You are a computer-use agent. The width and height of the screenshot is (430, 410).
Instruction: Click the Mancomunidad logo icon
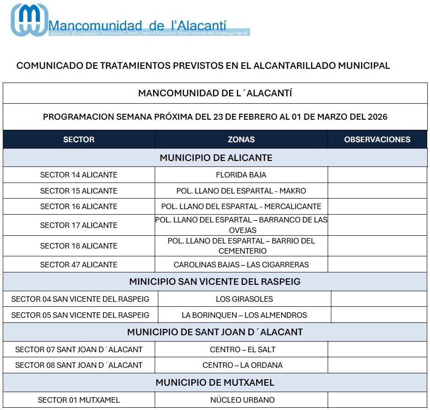(x=29, y=20)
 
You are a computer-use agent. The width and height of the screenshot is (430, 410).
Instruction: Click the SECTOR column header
(x=78, y=139)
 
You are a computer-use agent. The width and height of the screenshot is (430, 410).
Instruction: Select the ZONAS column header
(x=241, y=139)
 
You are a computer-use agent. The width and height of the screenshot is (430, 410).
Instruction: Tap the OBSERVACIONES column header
(x=377, y=139)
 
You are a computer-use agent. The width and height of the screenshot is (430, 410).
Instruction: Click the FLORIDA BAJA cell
(x=241, y=175)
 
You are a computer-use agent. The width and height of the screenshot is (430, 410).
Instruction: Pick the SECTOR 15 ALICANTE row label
(x=78, y=191)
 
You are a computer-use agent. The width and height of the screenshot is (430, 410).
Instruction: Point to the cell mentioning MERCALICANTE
(x=241, y=206)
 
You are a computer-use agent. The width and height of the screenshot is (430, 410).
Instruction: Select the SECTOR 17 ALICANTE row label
(x=78, y=225)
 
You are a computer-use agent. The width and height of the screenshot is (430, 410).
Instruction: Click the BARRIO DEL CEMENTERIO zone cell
(x=241, y=246)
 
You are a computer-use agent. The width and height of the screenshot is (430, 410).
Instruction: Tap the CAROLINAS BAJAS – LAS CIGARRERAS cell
(x=241, y=265)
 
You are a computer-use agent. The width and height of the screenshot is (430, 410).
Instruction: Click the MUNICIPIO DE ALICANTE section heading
(x=216, y=158)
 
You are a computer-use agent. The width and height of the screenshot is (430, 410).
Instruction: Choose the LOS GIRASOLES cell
(x=244, y=299)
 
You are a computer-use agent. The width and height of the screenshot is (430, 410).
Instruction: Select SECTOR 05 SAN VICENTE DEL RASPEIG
(x=80, y=315)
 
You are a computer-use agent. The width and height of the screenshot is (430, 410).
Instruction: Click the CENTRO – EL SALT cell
(x=243, y=349)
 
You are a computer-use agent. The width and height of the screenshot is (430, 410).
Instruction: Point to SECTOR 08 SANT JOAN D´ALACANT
(x=79, y=365)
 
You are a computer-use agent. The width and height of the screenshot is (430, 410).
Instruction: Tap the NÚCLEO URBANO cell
(x=242, y=400)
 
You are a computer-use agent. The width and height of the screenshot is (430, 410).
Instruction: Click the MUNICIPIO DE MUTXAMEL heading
(x=215, y=382)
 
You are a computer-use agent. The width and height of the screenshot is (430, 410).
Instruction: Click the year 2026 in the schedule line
(x=378, y=117)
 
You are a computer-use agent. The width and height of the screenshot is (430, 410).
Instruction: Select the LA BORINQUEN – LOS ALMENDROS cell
(x=244, y=315)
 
